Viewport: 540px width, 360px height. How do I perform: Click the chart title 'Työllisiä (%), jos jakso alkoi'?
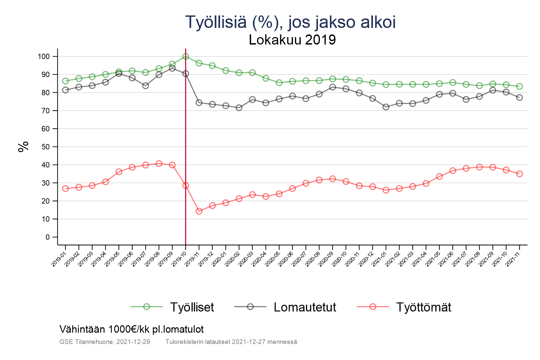click(x=290, y=22)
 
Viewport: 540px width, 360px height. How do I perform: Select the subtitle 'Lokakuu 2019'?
click(x=292, y=40)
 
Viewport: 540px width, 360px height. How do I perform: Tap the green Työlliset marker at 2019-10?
click(x=186, y=56)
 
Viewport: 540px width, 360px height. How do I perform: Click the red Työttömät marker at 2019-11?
click(x=199, y=211)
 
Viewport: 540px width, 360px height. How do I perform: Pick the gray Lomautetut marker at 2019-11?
click(x=199, y=103)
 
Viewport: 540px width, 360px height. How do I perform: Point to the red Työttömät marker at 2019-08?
click(x=159, y=164)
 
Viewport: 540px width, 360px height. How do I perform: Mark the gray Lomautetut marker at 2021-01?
click(x=386, y=107)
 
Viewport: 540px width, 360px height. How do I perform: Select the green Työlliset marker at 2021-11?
click(x=519, y=86)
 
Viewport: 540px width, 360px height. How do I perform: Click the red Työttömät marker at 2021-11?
click(x=519, y=174)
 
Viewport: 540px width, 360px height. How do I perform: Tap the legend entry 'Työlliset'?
click(x=192, y=307)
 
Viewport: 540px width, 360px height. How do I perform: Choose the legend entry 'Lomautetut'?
click(x=305, y=307)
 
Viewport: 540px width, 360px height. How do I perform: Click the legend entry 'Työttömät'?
click(x=423, y=307)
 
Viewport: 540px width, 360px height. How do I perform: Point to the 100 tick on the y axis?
click(x=44, y=57)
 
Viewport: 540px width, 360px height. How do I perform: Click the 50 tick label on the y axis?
click(x=45, y=147)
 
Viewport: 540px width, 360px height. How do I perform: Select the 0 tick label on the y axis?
click(x=47, y=237)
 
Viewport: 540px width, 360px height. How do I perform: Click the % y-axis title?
click(x=23, y=147)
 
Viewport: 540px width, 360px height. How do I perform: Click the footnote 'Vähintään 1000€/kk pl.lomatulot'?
click(x=132, y=329)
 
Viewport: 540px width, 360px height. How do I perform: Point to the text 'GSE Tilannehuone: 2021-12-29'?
click(x=105, y=342)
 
